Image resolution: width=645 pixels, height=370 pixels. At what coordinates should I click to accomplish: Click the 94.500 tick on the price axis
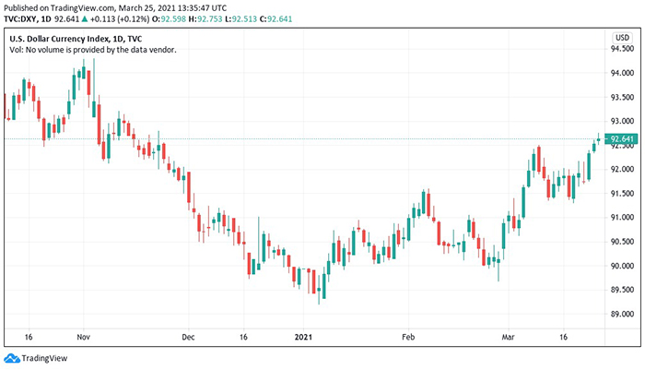point(623,73)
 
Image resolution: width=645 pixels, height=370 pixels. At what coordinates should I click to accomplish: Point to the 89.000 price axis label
point(623,314)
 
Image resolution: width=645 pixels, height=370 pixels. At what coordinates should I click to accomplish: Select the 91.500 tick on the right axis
point(623,193)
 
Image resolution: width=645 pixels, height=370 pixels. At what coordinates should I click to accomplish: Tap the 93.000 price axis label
point(623,121)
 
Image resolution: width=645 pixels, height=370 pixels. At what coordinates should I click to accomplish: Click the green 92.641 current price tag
point(623,139)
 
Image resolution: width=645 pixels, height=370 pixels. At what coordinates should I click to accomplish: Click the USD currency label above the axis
point(622,37)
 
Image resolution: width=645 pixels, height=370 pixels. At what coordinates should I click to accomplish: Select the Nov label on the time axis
point(83,338)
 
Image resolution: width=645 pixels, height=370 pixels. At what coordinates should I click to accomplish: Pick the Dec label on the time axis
point(188,338)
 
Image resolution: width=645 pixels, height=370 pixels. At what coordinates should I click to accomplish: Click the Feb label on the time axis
point(409,338)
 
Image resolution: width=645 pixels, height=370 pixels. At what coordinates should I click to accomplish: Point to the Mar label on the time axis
point(510,338)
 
